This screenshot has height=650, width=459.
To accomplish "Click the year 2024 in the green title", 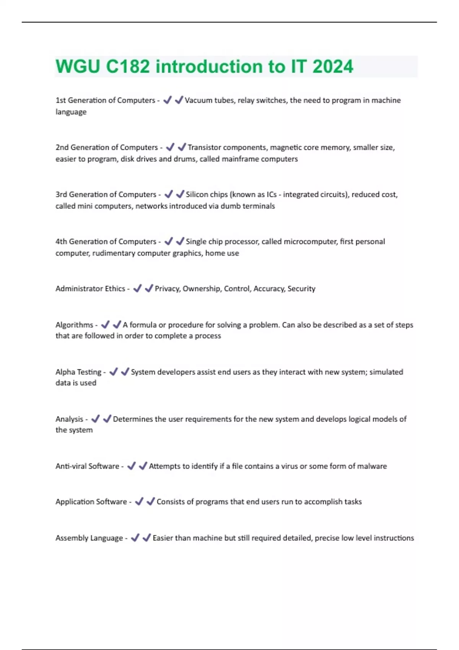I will coord(333,67).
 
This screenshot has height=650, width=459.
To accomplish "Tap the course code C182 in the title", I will coord(128,67).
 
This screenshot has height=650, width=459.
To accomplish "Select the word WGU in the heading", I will coord(78,67).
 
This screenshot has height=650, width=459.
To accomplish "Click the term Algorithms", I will coord(74,325).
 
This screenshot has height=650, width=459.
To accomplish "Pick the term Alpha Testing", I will coord(78,372).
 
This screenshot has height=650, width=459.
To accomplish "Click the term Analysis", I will coord(69,419).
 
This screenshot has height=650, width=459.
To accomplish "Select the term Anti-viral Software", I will coord(87,466).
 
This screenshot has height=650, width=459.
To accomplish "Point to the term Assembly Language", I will coord(89,538).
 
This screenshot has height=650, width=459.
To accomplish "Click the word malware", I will coord(372,466).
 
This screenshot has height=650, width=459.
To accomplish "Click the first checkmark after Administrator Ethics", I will coord(137,289).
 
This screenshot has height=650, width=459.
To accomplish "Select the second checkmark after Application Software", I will coord(151,501).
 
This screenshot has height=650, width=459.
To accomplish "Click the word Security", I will coord(301,289).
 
